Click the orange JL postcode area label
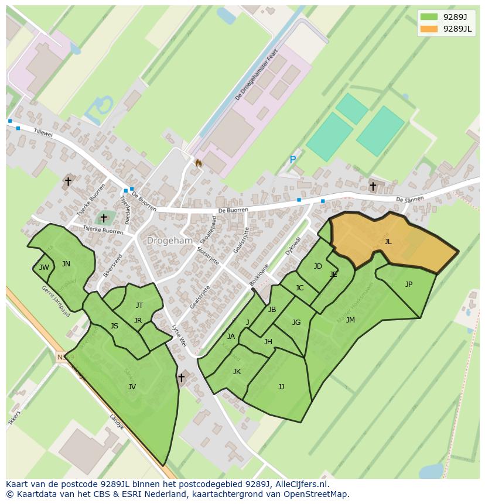(x=388, y=241)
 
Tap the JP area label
(x=408, y=284)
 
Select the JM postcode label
(x=350, y=320)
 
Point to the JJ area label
(x=281, y=386)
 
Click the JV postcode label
(x=132, y=386)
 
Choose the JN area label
(x=66, y=264)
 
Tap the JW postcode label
(x=44, y=268)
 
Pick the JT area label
(x=139, y=306)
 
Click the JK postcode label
(x=237, y=372)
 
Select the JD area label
(x=318, y=266)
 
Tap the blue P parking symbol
(x=293, y=159)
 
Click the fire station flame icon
(x=199, y=163)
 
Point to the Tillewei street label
(x=43, y=134)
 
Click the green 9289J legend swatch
(x=429, y=16)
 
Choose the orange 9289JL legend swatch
(x=429, y=29)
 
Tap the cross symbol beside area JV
(x=181, y=378)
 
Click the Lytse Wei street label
(x=179, y=337)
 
